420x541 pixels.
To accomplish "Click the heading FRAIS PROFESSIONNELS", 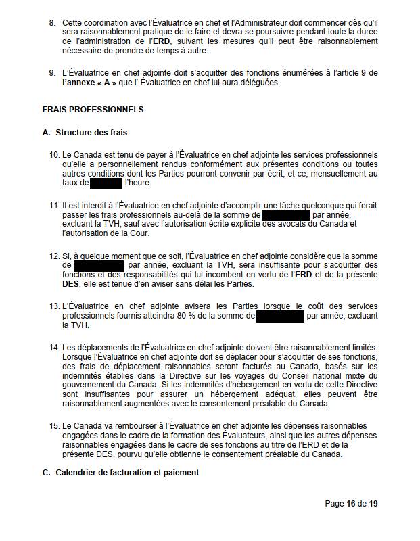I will pyautogui.click(x=93, y=109).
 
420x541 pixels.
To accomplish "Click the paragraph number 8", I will pyautogui.click(x=52, y=23).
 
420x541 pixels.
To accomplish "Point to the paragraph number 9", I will pyautogui.click(x=52, y=73).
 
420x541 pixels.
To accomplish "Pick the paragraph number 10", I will pyautogui.click(x=54, y=156).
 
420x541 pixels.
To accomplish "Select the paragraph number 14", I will pyautogui.click(x=54, y=348).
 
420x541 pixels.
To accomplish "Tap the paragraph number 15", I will pyautogui.click(x=54, y=426).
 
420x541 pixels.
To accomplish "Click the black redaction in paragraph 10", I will pyautogui.click(x=106, y=183).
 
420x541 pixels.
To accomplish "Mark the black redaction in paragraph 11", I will pyautogui.click(x=285, y=215).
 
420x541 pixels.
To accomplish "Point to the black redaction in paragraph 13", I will pyautogui.click(x=280, y=315).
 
